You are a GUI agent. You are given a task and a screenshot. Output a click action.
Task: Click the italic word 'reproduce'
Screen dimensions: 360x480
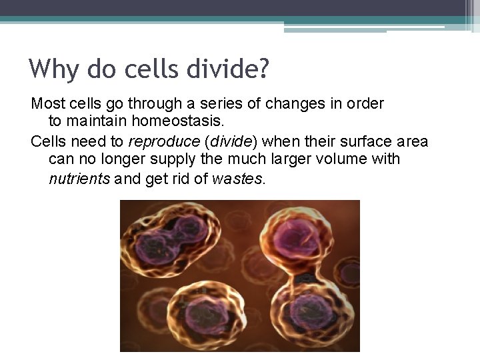(x=163, y=142)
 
